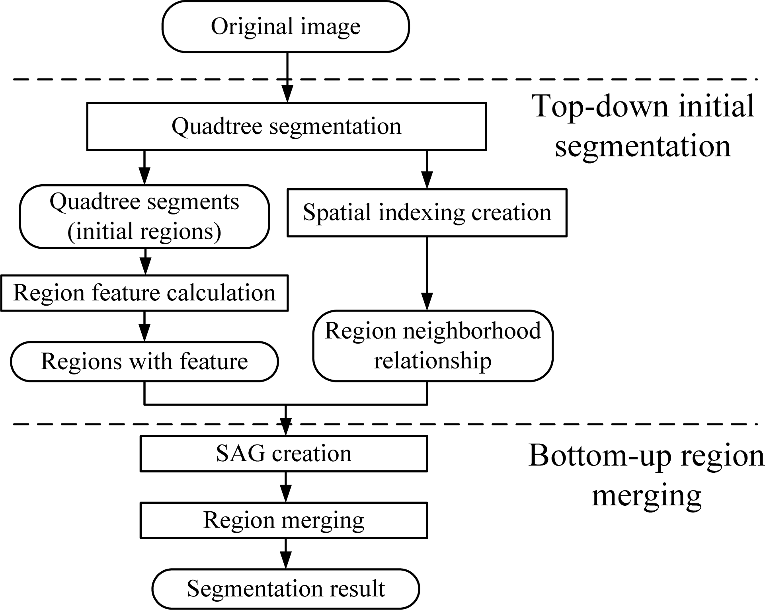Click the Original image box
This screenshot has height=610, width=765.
(285, 27)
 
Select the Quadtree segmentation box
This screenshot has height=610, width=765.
(286, 127)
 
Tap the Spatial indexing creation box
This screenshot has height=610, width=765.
(427, 212)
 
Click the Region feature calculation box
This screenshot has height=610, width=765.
(144, 293)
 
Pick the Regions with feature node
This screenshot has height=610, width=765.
(144, 361)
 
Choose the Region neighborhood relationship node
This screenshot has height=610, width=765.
(433, 345)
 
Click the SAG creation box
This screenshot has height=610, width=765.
(283, 454)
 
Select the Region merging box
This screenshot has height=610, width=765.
(283, 520)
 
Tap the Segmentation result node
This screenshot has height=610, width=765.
(285, 589)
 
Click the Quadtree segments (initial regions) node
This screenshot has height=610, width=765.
(144, 216)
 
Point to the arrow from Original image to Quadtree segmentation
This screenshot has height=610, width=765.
(287, 78)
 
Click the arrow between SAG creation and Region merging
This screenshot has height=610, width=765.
(285, 487)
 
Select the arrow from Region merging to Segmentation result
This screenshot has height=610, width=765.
(285, 553)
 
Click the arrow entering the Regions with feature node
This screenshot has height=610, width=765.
(144, 326)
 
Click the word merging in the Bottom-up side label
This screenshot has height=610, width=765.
(646, 496)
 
